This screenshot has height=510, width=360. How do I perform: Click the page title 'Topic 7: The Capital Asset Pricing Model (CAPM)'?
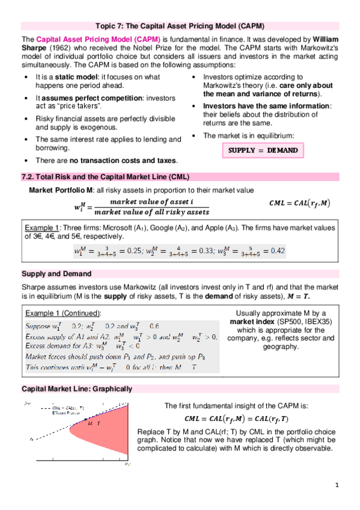[x=180, y=26]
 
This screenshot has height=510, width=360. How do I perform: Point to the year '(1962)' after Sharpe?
[x=59, y=48]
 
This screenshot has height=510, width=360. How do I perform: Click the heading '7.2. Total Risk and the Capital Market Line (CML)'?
[x=106, y=177]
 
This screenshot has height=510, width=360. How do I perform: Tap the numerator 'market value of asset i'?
[x=152, y=200]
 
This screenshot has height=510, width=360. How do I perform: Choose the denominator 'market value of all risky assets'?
[x=152, y=212]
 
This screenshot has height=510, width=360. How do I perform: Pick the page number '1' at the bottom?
[x=338, y=485]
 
